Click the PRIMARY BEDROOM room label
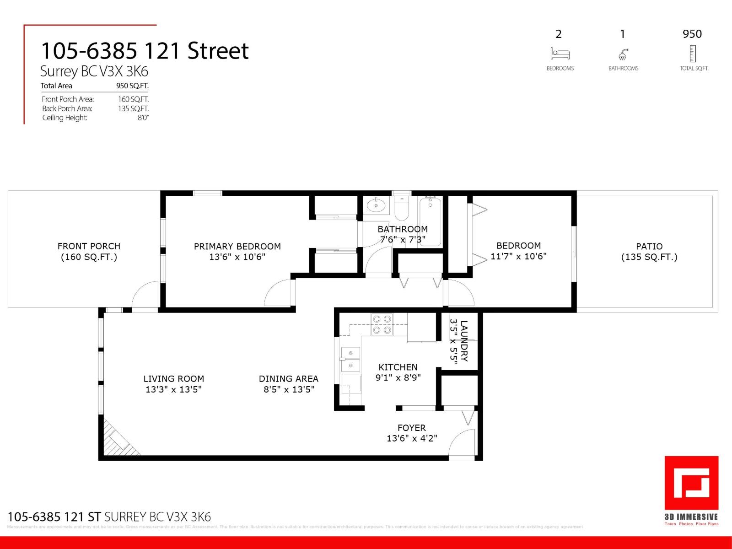[237, 247]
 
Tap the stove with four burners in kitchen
[382, 324]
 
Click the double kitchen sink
[350, 359]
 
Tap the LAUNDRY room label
[464, 341]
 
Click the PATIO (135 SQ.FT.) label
[649, 252]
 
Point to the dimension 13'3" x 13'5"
[173, 389]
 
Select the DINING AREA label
[288, 379]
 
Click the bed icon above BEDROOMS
[560, 54]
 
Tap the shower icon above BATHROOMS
[623, 55]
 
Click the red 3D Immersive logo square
[691, 483]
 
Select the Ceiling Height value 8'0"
[143, 118]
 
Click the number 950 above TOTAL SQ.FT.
[692, 34]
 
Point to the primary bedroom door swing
[278, 293]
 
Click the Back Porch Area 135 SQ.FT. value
[133, 108]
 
